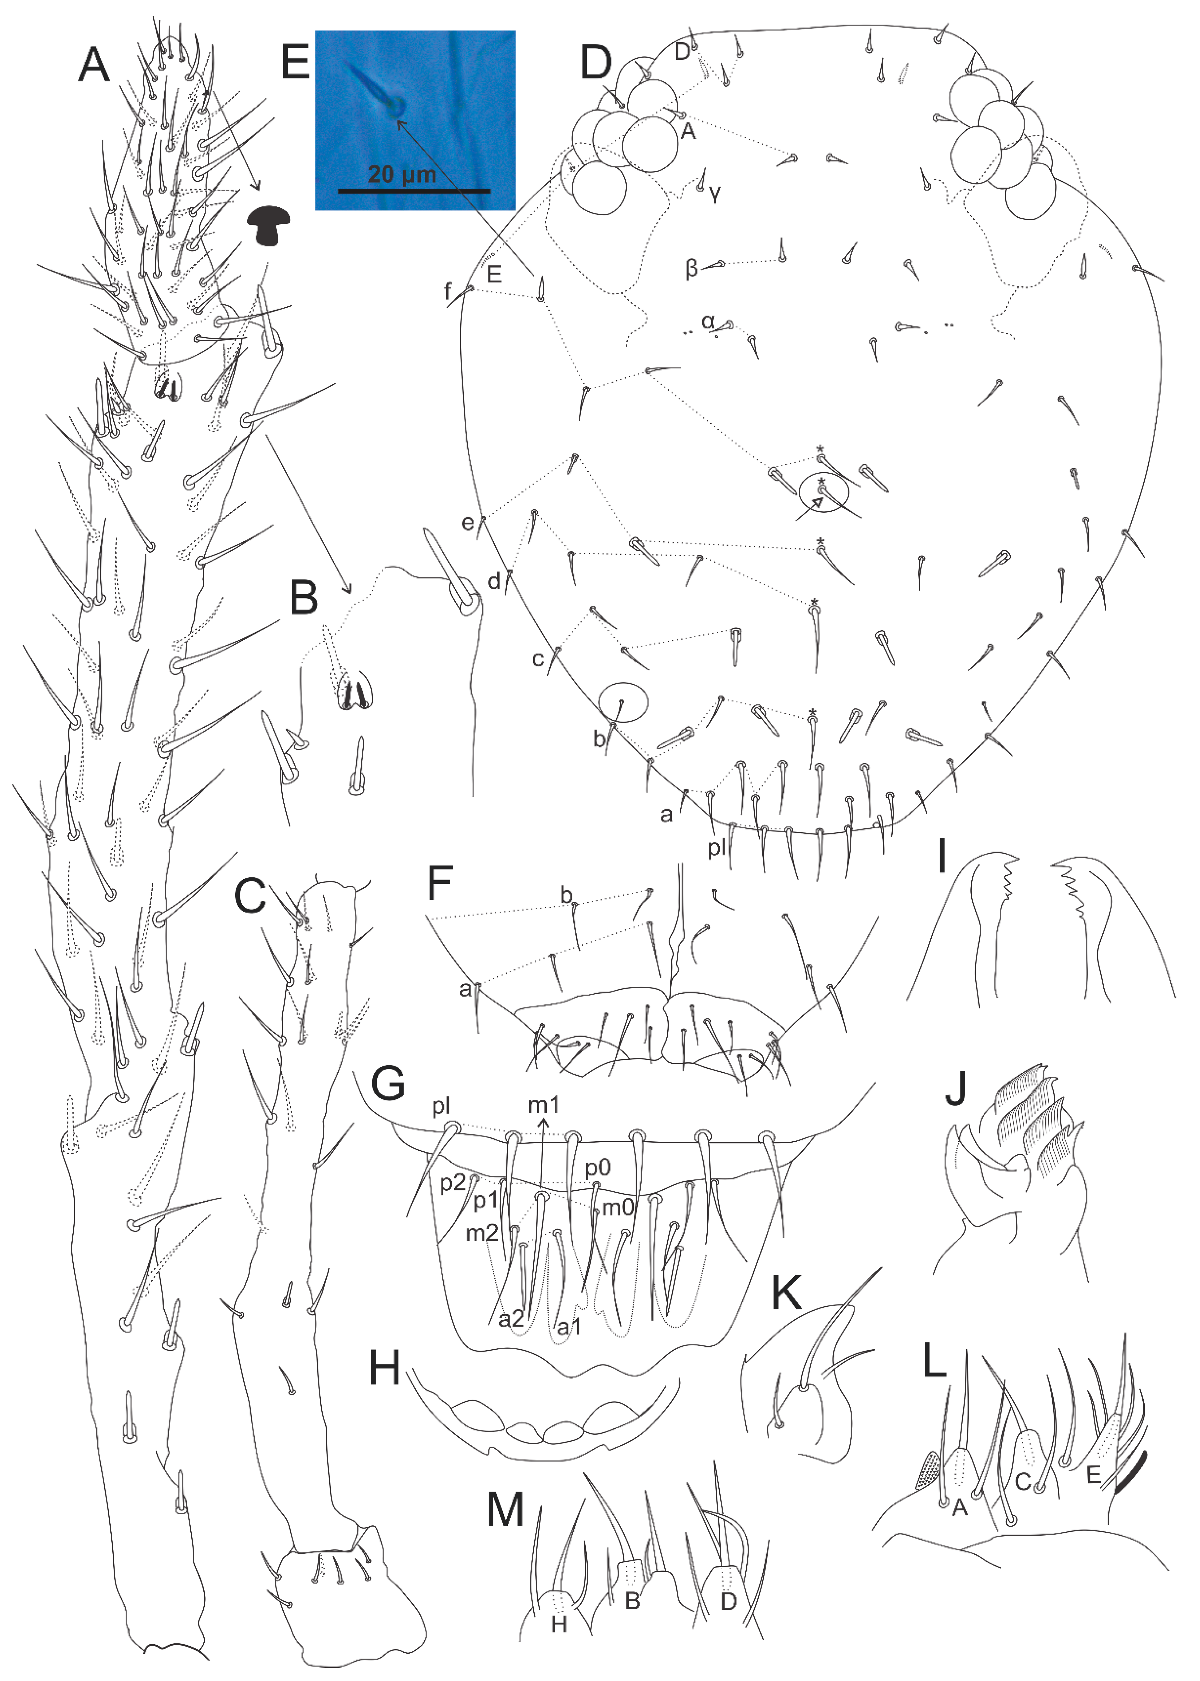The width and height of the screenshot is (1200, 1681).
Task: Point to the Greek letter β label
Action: point(691,268)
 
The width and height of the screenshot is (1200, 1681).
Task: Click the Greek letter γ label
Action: point(714,194)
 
